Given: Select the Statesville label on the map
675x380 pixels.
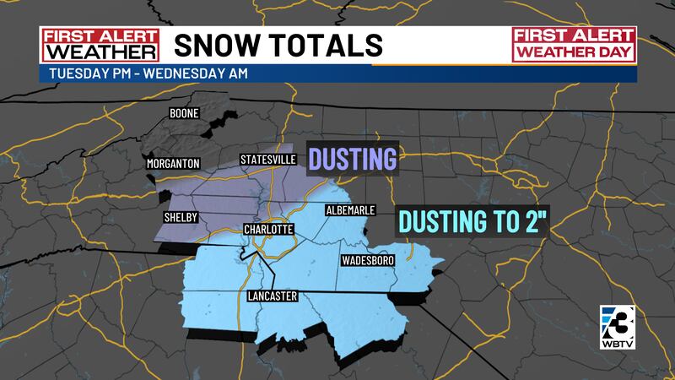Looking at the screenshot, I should point(268,159).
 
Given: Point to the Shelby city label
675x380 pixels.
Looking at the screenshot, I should point(181,217).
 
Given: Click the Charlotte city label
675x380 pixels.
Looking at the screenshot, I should point(267,230).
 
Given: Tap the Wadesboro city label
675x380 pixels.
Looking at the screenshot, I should point(368,261).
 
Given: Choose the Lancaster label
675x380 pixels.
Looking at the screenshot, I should point(273,296).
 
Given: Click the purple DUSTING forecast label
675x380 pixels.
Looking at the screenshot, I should point(352,159).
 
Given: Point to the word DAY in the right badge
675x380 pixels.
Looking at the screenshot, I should point(614,54).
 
